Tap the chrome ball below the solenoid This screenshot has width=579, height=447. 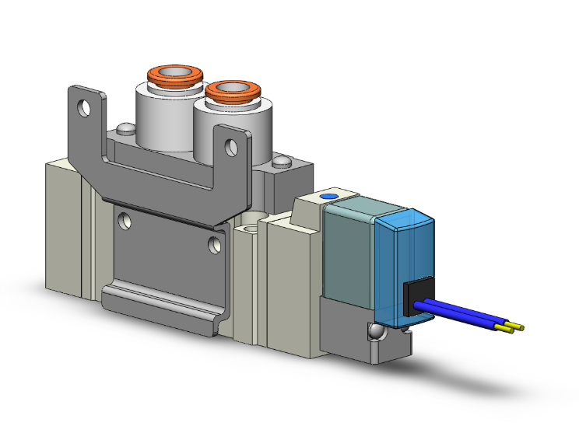click(x=377, y=332)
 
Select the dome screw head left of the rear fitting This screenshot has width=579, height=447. click(x=123, y=129)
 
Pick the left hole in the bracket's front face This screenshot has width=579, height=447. click(x=124, y=221)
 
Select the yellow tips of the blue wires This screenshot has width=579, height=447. click(x=514, y=327)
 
